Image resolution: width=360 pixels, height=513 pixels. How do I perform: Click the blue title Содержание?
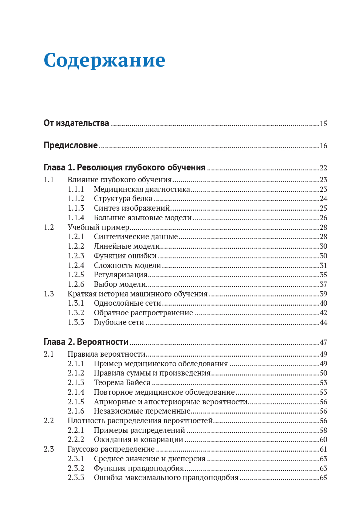tap(104, 60)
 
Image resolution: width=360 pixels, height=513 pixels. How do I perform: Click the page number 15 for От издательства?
tap(323, 123)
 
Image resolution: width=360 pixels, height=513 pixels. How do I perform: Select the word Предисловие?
tap(71, 145)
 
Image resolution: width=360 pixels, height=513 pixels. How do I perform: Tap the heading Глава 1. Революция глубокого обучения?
tap(124, 167)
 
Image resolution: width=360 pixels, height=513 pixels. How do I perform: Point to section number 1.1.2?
tap(76, 198)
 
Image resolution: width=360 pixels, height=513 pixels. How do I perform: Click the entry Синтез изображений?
tap(132, 208)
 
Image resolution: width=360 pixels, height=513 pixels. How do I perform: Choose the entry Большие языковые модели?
tap(143, 218)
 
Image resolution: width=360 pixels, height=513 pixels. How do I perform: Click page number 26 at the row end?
tap(323, 218)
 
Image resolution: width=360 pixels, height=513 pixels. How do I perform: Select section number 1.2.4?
tap(76, 265)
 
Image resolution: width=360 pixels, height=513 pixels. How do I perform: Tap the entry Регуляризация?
tap(120, 275)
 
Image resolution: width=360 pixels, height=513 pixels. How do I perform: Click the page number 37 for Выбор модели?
tap(323, 284)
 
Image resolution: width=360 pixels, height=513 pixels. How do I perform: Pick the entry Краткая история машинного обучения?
tap(137, 294)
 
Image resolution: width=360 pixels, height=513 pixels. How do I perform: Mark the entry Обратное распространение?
tap(143, 313)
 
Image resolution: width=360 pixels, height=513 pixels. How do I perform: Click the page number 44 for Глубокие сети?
tap(323, 322)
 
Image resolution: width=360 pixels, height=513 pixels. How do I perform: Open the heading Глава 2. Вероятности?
tap(86, 342)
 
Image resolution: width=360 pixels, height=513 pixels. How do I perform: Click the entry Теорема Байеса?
tap(122, 383)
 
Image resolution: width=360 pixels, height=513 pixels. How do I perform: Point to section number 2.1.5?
tap(76, 402)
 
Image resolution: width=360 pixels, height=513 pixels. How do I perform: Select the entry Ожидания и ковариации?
tap(139, 439)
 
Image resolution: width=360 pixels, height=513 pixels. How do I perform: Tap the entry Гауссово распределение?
tap(111, 449)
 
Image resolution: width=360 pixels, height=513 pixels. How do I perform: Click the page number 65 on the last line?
tap(323, 478)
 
